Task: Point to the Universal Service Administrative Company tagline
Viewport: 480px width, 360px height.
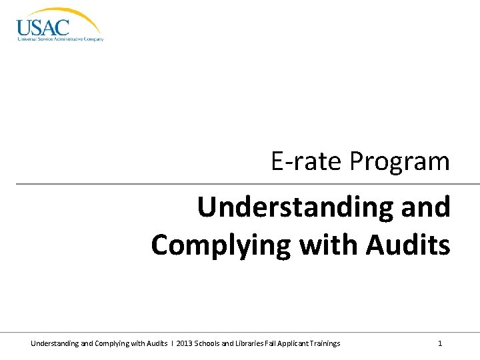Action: [x=60, y=39]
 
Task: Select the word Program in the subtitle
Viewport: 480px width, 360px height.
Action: [x=400, y=161]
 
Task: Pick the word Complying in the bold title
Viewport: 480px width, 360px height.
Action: [x=220, y=244]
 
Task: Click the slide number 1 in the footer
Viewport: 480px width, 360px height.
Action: [x=440, y=343]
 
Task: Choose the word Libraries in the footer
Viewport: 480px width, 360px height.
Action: [x=253, y=343]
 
